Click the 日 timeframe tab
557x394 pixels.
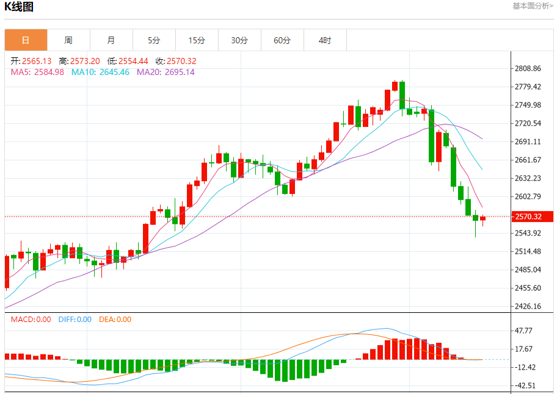[26, 40]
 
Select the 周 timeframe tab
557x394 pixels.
[68, 40]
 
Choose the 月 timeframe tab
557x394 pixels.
[111, 40]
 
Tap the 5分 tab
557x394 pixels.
[154, 40]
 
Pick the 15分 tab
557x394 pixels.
[197, 40]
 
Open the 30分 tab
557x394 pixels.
[239, 40]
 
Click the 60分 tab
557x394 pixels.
[282, 40]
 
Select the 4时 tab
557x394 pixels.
[325, 40]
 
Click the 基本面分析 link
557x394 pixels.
[533, 5]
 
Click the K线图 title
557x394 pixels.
[19, 7]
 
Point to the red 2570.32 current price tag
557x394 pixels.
[531, 217]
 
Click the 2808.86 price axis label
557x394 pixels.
[528, 68]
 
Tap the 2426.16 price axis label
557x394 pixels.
[528, 306]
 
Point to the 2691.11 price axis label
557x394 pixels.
[528, 141]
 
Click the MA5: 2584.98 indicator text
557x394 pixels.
[37, 72]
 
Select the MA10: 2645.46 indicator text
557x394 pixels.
[100, 72]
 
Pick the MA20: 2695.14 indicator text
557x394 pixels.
[166, 72]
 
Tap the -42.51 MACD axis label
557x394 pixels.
[525, 385]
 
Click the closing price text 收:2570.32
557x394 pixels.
[176, 61]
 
